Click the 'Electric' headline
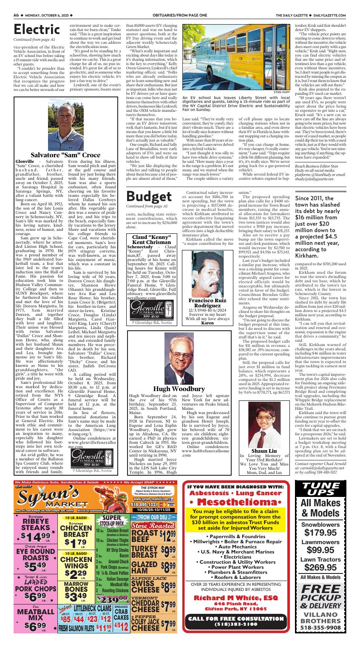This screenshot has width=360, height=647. coord(37,29)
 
